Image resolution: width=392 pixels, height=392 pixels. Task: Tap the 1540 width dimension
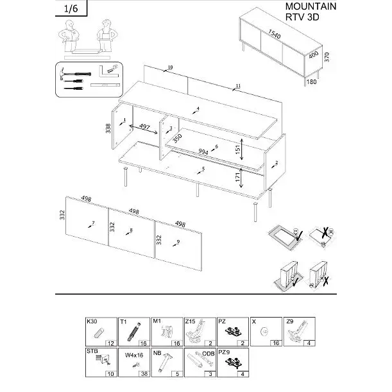coord(275,34)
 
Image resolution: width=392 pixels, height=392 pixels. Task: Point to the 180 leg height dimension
coord(312,81)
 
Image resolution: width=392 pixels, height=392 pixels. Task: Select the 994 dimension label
coord(203,152)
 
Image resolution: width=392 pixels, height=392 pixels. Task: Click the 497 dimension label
coord(145,128)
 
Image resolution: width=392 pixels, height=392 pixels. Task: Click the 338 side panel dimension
coord(108,127)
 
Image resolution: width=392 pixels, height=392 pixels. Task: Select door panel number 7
coord(93,223)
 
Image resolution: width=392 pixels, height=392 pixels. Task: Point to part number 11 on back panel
coord(238,86)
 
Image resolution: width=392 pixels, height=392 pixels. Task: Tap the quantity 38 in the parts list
coord(144,373)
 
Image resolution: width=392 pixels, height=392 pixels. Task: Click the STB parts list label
coord(92,352)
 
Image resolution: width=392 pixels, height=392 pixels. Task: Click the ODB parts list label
coord(209,354)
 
